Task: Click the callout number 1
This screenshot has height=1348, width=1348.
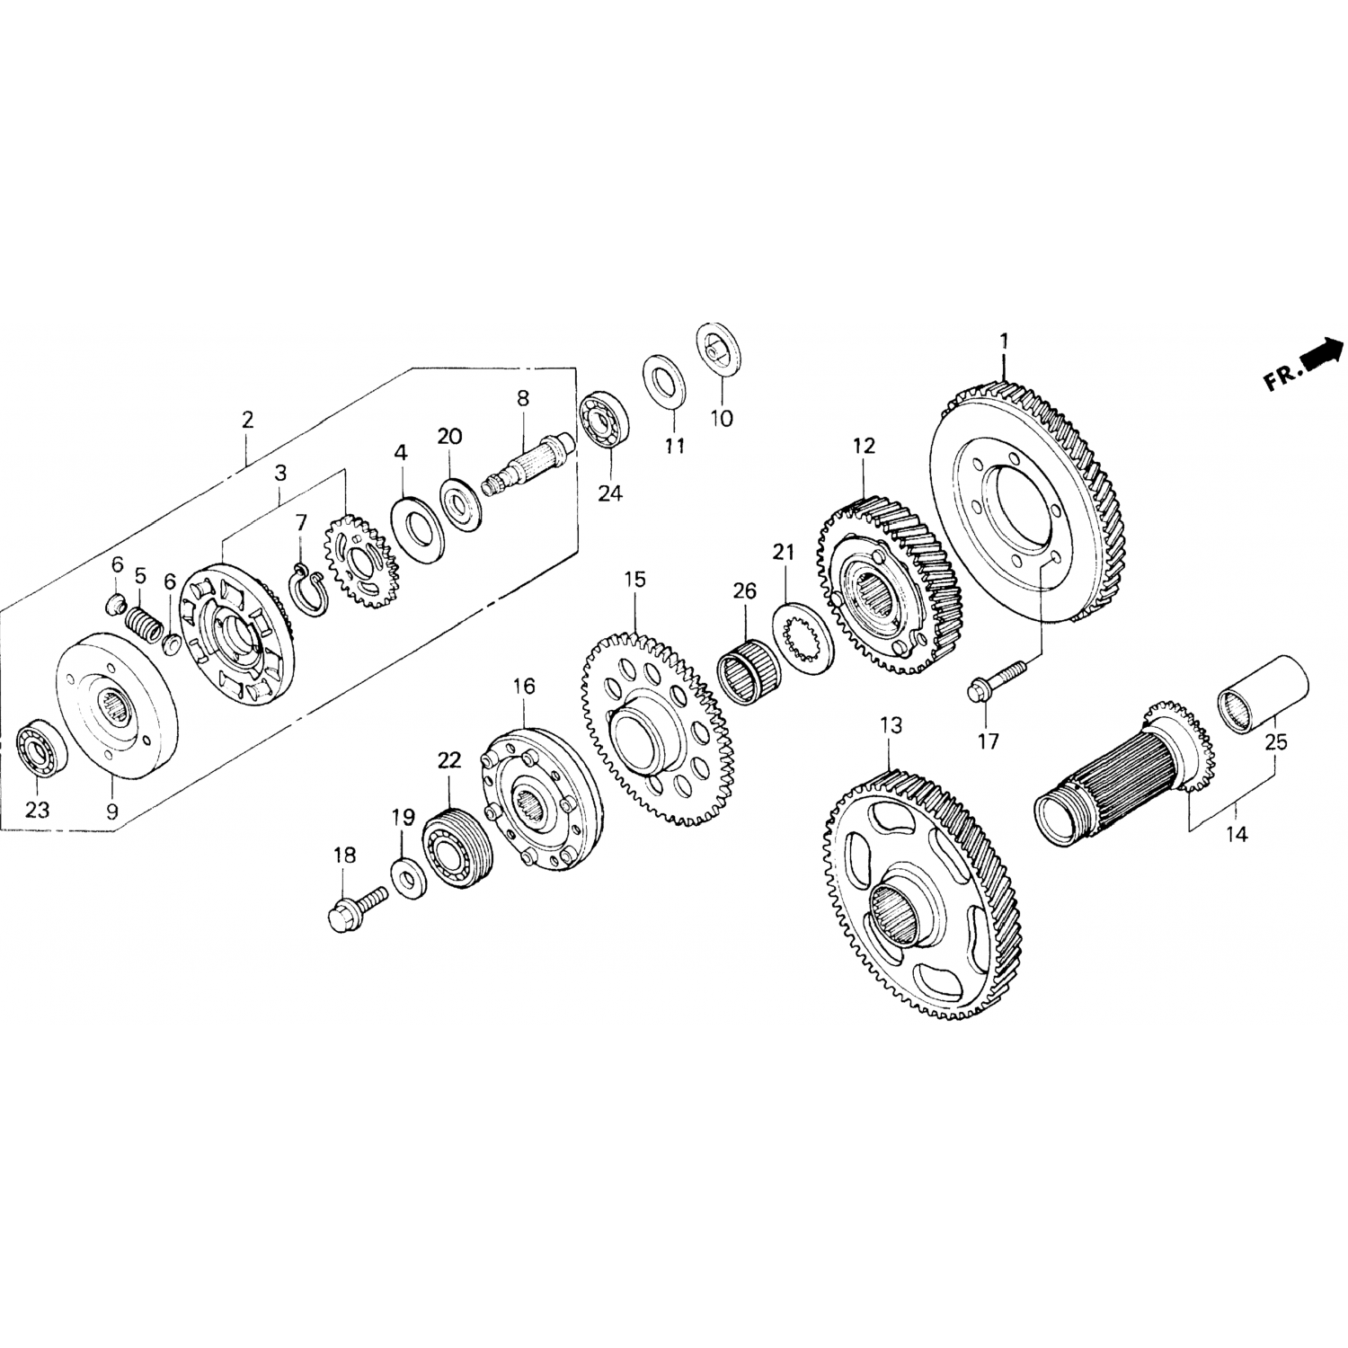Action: [x=1004, y=342]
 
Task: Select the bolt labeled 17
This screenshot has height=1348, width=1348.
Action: [x=995, y=680]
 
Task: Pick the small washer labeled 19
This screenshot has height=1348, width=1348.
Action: [x=409, y=872]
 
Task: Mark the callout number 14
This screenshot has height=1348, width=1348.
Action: [x=1237, y=835]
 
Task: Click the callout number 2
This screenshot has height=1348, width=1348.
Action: [x=247, y=419]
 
